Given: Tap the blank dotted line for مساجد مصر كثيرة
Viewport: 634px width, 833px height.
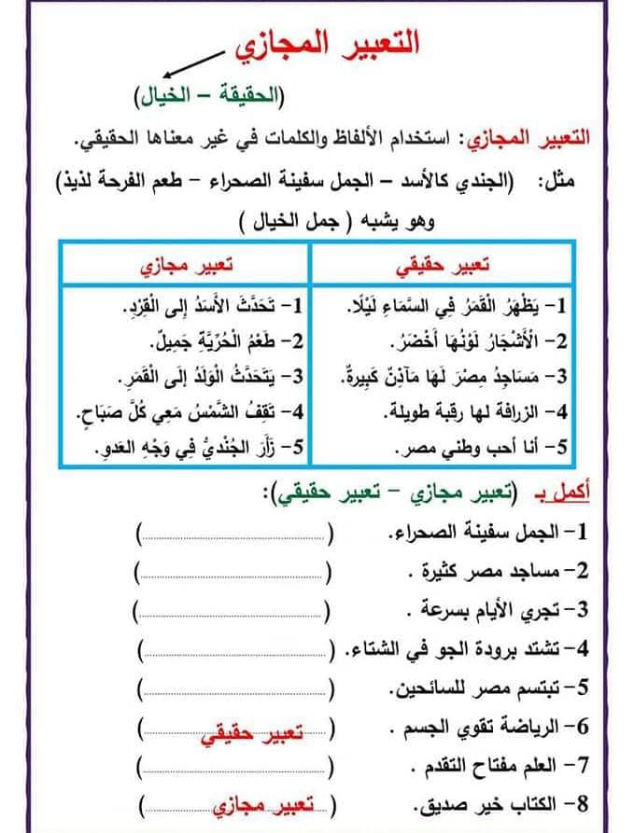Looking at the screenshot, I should click(x=233, y=571).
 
